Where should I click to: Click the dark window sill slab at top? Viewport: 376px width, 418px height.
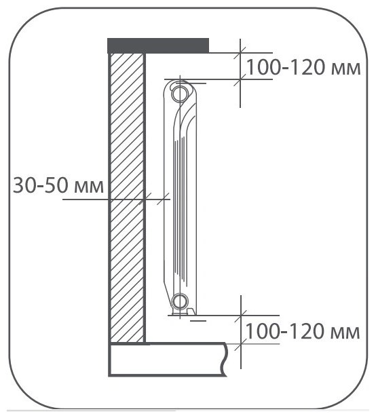coord(158,45)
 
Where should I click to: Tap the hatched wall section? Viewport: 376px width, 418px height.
coord(127,197)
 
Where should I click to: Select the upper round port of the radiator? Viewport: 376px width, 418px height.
coord(180,94)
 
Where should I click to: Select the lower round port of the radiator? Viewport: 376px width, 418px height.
coord(180,301)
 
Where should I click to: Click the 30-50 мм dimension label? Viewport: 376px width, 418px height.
coord(58,185)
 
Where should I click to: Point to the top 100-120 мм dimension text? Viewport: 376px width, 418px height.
coord(303,67)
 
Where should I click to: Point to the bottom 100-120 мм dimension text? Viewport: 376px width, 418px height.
coord(302,331)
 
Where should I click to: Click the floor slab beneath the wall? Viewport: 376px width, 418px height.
coord(168,360)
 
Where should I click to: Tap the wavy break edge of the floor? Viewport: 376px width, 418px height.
coord(225,360)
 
